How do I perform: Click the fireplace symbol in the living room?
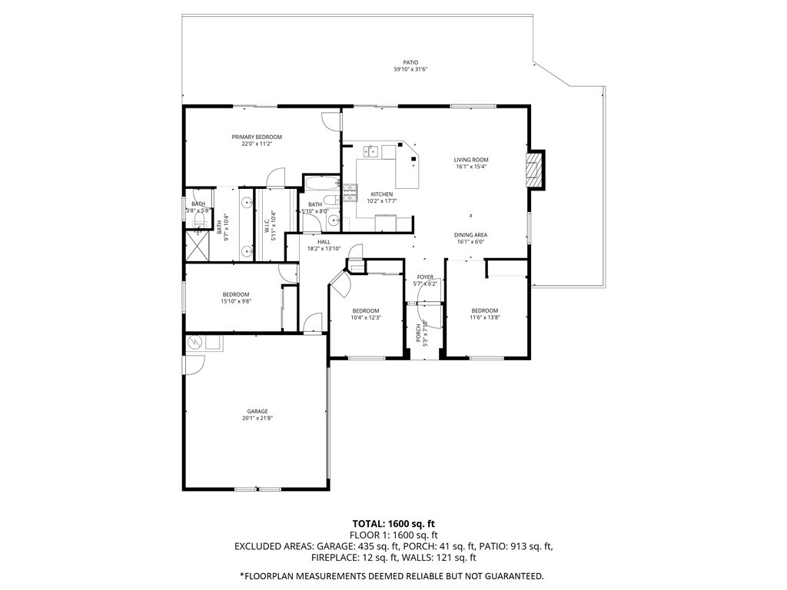click(x=533, y=170)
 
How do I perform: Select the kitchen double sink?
click(x=370, y=151)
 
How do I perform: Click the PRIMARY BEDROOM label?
click(x=257, y=137)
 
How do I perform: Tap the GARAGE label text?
click(x=257, y=411)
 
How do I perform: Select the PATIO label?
click(x=411, y=63)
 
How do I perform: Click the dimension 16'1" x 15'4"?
click(x=471, y=167)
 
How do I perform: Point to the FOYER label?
click(x=425, y=277)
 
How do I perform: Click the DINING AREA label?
click(x=470, y=235)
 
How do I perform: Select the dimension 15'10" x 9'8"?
click(x=236, y=301)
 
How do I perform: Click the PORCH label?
click(x=419, y=332)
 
